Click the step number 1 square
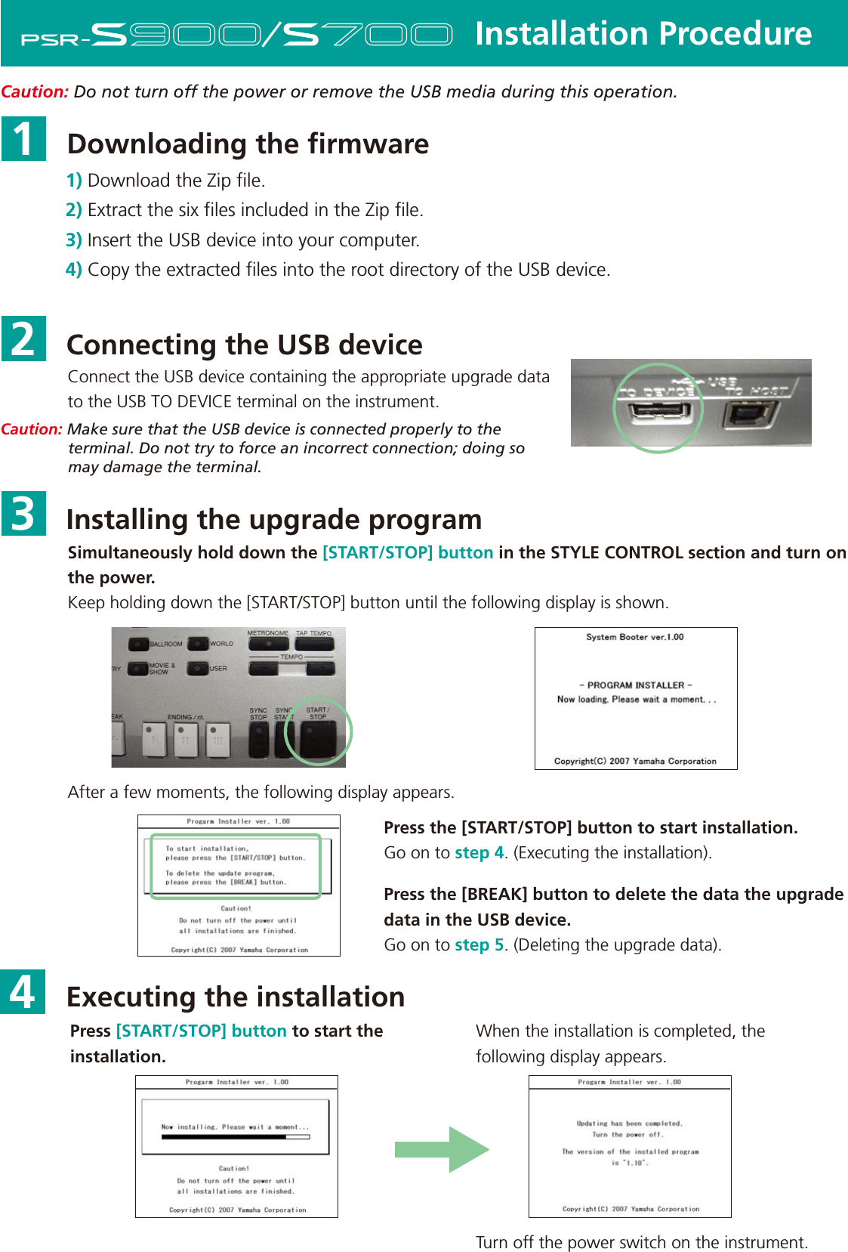23,139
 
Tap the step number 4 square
23,991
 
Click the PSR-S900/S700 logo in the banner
236,35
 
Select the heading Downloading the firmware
248,144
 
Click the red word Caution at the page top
35,92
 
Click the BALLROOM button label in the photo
165,645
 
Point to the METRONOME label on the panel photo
268,633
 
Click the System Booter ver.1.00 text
634,637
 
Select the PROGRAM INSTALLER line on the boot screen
635,685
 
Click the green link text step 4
479,853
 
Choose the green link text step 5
479,945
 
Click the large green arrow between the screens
443,1149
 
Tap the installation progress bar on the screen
235,1136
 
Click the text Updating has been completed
629,1124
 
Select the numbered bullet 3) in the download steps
73,240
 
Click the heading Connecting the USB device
244,345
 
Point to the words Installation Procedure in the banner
643,34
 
